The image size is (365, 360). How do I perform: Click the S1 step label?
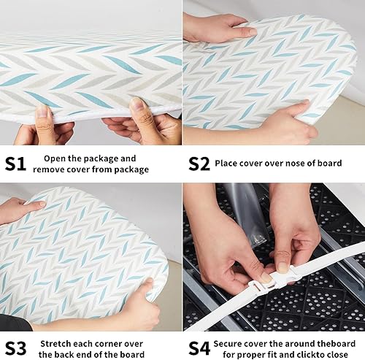[x=16, y=163]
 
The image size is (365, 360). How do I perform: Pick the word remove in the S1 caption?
[x=58, y=169]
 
